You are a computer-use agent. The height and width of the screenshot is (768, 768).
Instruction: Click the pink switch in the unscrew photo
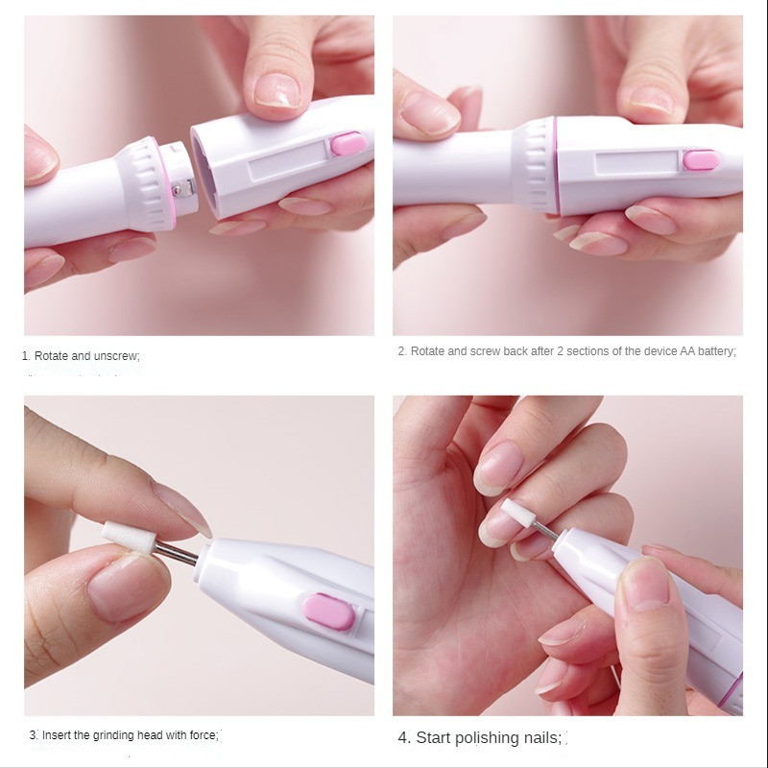point(348,144)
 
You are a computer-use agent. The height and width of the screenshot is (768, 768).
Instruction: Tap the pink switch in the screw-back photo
point(702,159)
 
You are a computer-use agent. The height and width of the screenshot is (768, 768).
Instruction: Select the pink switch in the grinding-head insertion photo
point(328,611)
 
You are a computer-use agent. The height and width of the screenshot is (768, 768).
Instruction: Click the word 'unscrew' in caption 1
point(116,356)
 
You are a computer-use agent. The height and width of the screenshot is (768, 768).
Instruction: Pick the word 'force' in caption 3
point(203,735)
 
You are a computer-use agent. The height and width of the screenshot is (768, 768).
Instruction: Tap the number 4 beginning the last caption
point(403,738)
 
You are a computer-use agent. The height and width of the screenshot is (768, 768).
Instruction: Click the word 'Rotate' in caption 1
point(51,356)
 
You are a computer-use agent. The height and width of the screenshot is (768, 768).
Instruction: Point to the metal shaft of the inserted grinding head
point(178,551)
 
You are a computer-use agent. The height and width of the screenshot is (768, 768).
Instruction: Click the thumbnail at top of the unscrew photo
point(279,89)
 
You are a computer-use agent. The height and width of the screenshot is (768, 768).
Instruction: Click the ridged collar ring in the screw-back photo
point(537,165)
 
